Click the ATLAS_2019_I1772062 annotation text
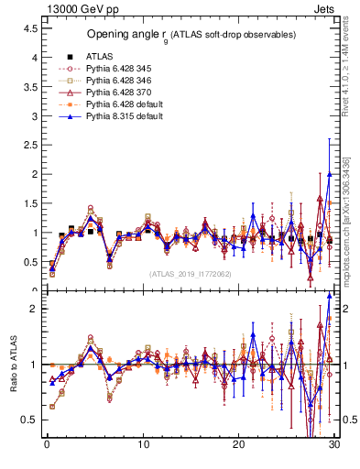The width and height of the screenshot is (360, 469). (191, 274)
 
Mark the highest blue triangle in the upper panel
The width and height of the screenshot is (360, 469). (330, 174)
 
